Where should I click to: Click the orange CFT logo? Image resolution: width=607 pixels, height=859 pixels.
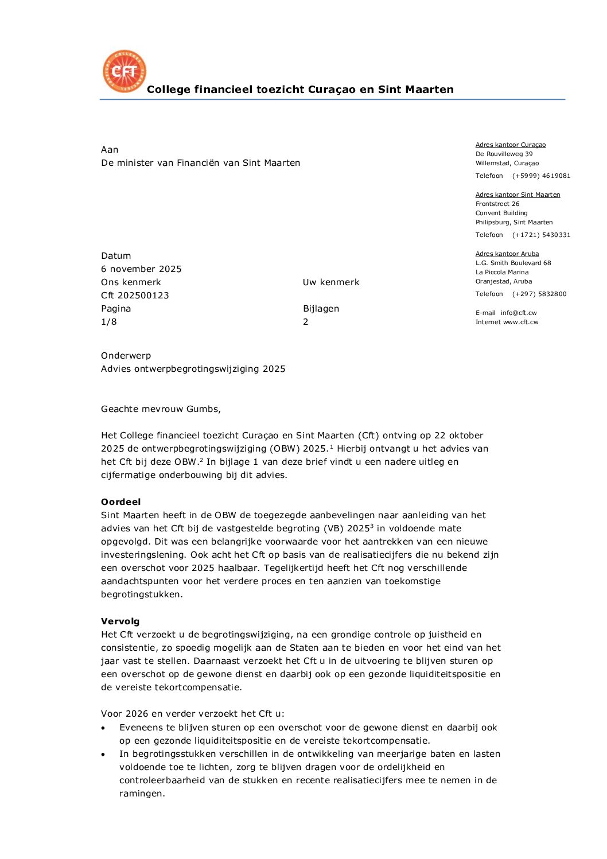(x=124, y=71)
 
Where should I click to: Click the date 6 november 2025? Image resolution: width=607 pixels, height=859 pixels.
(x=141, y=269)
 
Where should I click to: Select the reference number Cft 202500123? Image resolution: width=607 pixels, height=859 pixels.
(x=135, y=296)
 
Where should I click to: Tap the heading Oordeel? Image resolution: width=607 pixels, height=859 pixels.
(x=120, y=502)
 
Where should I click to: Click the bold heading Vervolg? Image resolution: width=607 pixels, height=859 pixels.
(x=120, y=621)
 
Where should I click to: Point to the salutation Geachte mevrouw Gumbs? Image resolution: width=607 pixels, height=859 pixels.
(x=161, y=409)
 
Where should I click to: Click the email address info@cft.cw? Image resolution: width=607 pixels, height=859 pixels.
(x=518, y=313)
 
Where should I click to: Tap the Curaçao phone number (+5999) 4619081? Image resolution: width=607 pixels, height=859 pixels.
(x=541, y=176)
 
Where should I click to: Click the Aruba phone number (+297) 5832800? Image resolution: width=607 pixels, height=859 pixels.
(x=539, y=294)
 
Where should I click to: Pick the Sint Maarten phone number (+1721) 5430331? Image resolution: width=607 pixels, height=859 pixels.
(x=541, y=235)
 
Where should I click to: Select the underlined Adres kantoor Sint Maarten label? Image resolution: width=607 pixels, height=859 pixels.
(x=517, y=195)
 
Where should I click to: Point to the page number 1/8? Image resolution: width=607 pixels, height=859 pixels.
(x=109, y=322)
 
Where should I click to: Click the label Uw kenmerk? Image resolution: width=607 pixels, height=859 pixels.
(x=331, y=282)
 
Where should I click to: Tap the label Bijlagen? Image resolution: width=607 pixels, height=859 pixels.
(x=321, y=309)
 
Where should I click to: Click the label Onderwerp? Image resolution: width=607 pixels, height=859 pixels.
(x=126, y=356)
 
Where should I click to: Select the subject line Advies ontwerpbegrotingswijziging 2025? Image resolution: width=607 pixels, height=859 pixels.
(x=193, y=369)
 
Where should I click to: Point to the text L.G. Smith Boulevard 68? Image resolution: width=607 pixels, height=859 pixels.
(x=513, y=263)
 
